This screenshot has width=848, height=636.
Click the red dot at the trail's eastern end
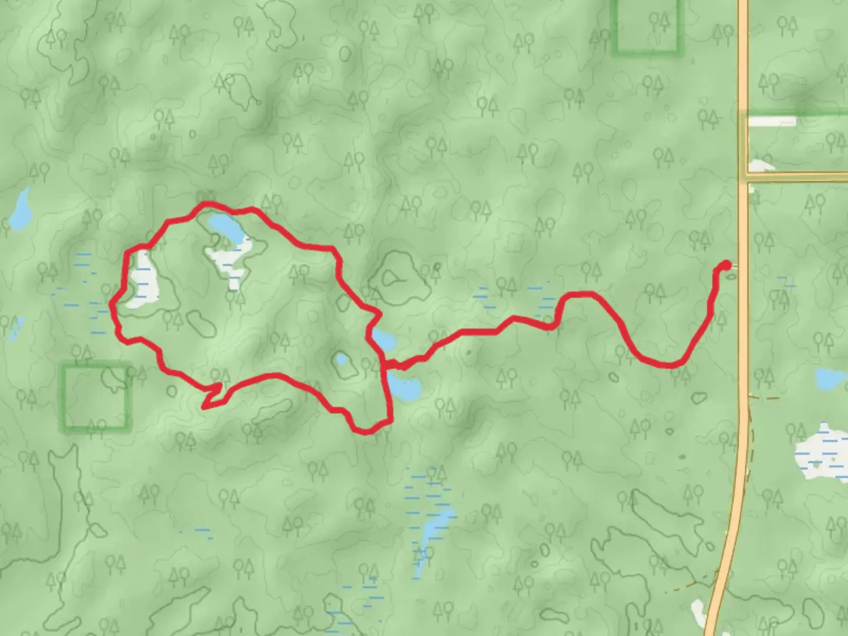click(726, 266)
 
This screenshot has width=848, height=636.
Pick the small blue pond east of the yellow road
click(830, 378)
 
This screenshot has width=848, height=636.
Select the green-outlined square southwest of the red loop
click(95, 398)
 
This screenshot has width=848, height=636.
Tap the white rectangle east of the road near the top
click(771, 122)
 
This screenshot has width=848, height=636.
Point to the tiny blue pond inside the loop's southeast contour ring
click(340, 359)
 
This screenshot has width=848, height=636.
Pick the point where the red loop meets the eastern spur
click(385, 365)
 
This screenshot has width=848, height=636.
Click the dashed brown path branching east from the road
click(764, 399)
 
